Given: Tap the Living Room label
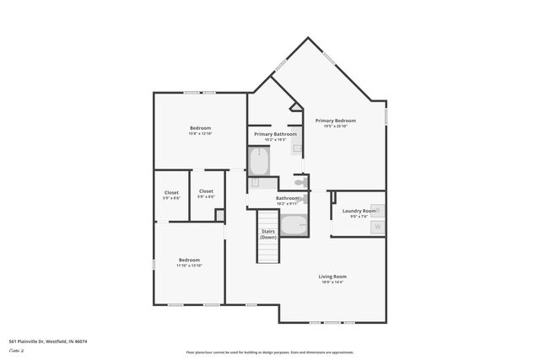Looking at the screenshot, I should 332,277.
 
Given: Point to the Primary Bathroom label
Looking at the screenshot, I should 274,134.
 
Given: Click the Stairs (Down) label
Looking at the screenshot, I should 268,234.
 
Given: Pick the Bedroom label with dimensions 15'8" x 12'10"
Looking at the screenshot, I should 200,128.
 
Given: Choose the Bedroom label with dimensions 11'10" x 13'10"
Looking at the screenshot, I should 189,260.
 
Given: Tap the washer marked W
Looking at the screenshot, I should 377,226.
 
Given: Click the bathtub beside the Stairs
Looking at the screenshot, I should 294,225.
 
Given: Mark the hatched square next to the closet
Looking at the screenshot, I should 220,215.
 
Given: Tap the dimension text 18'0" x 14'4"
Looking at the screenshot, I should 332,282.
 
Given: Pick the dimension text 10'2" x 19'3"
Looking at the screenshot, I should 274,140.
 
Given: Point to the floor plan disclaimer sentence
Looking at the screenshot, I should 269,352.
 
